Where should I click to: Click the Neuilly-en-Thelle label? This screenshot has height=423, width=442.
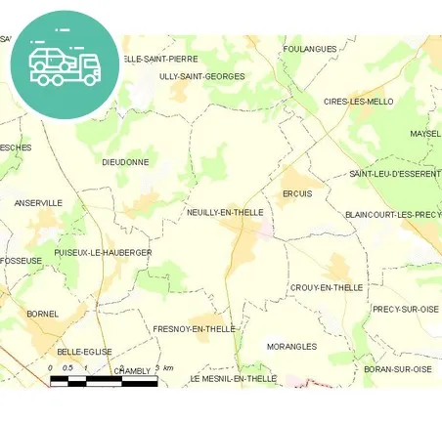click(224, 212)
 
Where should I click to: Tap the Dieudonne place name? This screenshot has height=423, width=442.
click(125, 162)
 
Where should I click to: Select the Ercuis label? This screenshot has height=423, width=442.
click(296, 193)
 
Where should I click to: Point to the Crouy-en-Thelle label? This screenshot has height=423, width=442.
click(326, 288)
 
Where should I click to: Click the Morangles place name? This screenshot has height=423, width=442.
click(291, 346)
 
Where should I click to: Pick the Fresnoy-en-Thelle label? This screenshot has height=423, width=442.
click(195, 329)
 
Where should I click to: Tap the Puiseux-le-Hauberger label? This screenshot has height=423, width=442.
click(104, 252)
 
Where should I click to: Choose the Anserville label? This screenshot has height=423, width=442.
click(38, 203)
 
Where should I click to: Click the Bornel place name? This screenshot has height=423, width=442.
click(43, 314)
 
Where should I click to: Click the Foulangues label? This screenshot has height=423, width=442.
click(309, 49)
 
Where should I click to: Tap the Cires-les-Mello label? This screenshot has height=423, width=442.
click(358, 102)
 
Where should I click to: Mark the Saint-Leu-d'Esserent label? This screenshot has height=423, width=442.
click(394, 174)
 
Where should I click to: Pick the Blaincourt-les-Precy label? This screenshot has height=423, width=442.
click(392, 214)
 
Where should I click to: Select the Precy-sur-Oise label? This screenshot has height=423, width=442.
click(406, 309)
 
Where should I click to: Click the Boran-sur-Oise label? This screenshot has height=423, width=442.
click(397, 369)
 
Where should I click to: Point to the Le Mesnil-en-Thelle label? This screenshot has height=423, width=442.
click(234, 378)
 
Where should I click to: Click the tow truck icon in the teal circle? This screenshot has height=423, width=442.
click(65, 63)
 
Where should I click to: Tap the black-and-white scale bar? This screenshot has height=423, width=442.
click(104, 381)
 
